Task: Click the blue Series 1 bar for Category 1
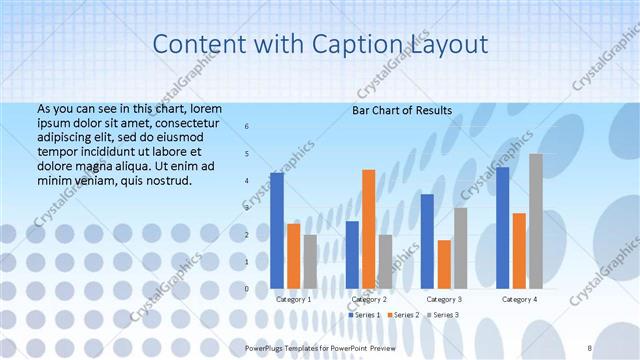[x=277, y=231]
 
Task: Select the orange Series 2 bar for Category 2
[x=369, y=229]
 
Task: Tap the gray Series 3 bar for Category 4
[x=536, y=221]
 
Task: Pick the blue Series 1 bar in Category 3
[x=428, y=241]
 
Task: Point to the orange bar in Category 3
[x=444, y=264]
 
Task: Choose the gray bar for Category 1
[x=310, y=262]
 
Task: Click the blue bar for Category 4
[x=502, y=228]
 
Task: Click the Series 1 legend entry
[x=364, y=315]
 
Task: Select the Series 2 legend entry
[x=402, y=315]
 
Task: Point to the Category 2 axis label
[x=370, y=299]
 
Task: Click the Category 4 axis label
[x=520, y=299]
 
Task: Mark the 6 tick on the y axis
[x=247, y=127]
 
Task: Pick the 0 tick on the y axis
[x=247, y=289]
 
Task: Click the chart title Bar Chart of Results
[x=402, y=110]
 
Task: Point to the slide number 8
[x=590, y=346]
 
